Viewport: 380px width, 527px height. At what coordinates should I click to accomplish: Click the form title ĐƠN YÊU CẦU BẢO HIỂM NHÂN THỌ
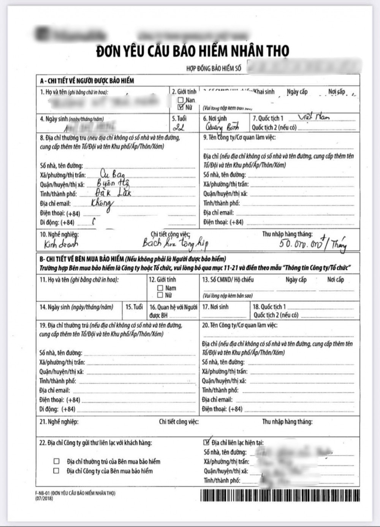(x=192, y=51)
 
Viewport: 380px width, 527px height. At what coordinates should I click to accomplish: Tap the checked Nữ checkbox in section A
(x=181, y=107)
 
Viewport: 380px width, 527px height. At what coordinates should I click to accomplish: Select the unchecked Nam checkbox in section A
(x=181, y=100)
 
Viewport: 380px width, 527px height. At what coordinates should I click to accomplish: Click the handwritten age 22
(x=179, y=127)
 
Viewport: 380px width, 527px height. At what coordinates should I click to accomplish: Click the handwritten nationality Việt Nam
(x=314, y=117)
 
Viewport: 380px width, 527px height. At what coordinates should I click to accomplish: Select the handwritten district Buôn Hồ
(x=113, y=184)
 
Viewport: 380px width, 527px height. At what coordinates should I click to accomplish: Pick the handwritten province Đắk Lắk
(x=113, y=193)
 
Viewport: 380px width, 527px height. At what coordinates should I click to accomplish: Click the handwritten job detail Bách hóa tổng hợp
(x=175, y=243)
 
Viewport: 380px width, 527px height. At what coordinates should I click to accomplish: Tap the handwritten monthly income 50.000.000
(x=300, y=244)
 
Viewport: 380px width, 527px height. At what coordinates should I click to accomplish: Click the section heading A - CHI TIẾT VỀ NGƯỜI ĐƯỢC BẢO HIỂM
(x=87, y=81)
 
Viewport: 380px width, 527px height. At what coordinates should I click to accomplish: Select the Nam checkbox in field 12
(x=160, y=288)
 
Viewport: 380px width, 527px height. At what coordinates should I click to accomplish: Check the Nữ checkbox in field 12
(x=160, y=295)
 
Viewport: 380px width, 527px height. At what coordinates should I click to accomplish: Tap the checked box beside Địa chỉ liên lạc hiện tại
(x=206, y=442)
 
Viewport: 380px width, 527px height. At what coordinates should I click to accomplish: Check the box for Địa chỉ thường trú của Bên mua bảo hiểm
(x=57, y=461)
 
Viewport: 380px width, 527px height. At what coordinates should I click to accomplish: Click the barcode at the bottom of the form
(x=280, y=495)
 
